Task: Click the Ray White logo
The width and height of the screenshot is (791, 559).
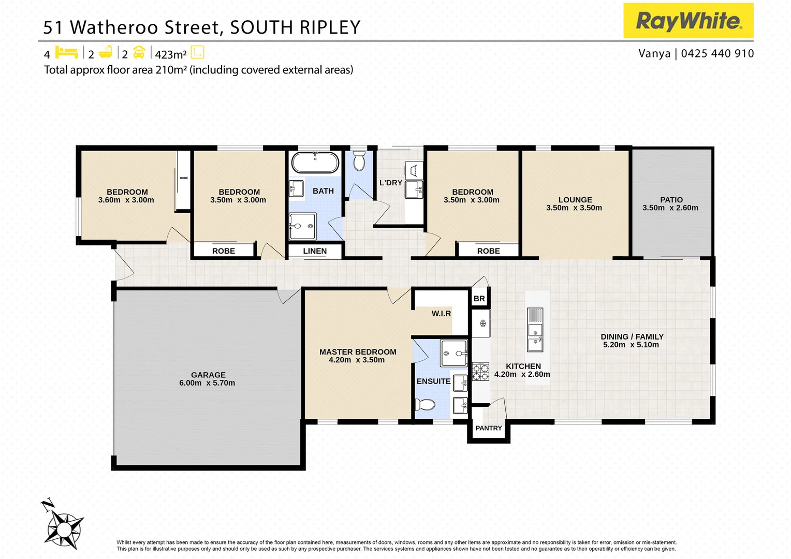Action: [x=688, y=21]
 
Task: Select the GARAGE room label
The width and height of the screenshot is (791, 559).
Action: [x=208, y=375]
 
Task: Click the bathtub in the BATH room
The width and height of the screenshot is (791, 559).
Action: [x=315, y=163]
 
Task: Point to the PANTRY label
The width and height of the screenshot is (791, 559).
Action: [x=489, y=428]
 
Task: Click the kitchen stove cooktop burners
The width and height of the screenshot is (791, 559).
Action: [x=480, y=372]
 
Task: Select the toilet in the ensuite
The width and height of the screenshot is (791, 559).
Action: [x=426, y=405]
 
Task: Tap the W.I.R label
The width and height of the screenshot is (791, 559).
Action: [x=441, y=314]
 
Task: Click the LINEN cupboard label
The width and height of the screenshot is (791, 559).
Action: [x=315, y=251]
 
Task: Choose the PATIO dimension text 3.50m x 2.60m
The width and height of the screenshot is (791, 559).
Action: [x=670, y=208]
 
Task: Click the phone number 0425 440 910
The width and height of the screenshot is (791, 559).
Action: [x=717, y=53]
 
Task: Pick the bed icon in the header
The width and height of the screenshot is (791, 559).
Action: [x=66, y=53]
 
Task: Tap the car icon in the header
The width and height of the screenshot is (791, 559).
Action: [x=139, y=53]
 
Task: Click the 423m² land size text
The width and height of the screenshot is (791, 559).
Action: [x=171, y=54]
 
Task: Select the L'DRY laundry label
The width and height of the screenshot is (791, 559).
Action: [x=390, y=183]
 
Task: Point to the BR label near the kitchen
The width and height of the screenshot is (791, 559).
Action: [x=479, y=299]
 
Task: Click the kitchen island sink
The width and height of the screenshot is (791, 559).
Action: [x=535, y=336]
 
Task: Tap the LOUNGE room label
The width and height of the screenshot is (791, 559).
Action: [x=575, y=200]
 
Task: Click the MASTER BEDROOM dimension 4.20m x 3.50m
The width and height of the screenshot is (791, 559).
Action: [x=357, y=360]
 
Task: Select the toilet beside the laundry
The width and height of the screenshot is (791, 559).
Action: [x=359, y=161]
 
